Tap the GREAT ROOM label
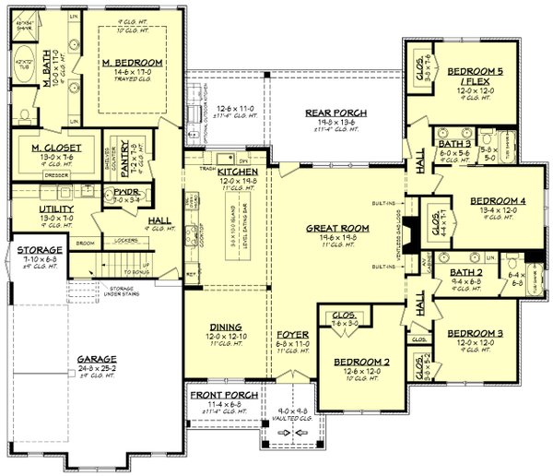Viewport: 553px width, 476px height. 341,227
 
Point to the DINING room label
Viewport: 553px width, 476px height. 225,327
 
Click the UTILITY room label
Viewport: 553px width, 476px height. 30,208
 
